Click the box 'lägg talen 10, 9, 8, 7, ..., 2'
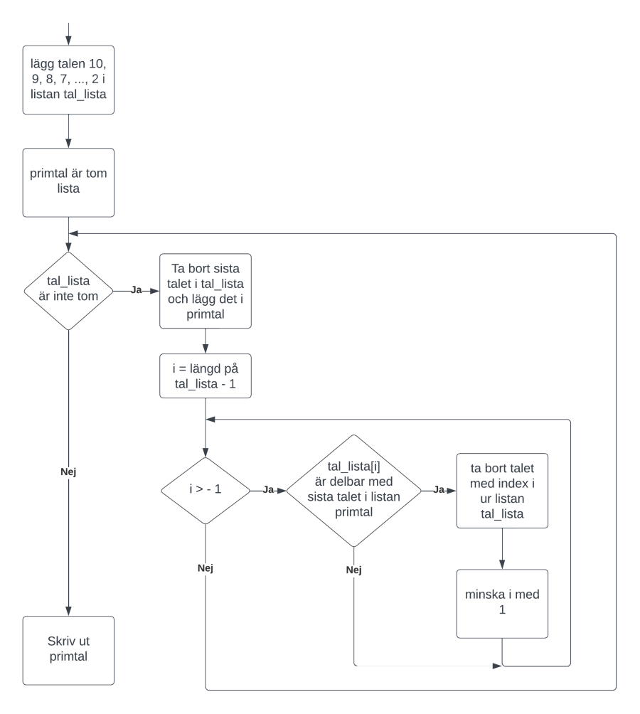click(x=68, y=80)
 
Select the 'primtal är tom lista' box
click(x=68, y=182)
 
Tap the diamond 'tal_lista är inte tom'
click(x=68, y=291)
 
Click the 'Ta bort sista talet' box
click(x=206, y=291)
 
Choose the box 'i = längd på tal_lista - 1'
click(x=206, y=375)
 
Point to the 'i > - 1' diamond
click(x=206, y=491)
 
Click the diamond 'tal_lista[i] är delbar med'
click(x=353, y=491)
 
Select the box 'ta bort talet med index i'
click(x=502, y=491)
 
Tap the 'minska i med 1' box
click(x=502, y=603)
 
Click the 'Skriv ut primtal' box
click(x=68, y=650)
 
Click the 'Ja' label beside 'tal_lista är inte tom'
click(x=136, y=290)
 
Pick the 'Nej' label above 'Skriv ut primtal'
click(x=68, y=471)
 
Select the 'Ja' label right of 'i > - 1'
click(x=268, y=490)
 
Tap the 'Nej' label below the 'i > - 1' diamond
click(x=206, y=568)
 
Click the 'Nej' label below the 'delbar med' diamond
click(x=353, y=570)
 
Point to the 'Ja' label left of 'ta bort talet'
click(x=438, y=490)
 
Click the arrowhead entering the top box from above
click(x=68, y=41)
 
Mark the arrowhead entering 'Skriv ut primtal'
click(x=68, y=612)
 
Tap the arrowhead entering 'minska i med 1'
click(x=502, y=565)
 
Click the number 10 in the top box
click(x=97, y=64)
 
